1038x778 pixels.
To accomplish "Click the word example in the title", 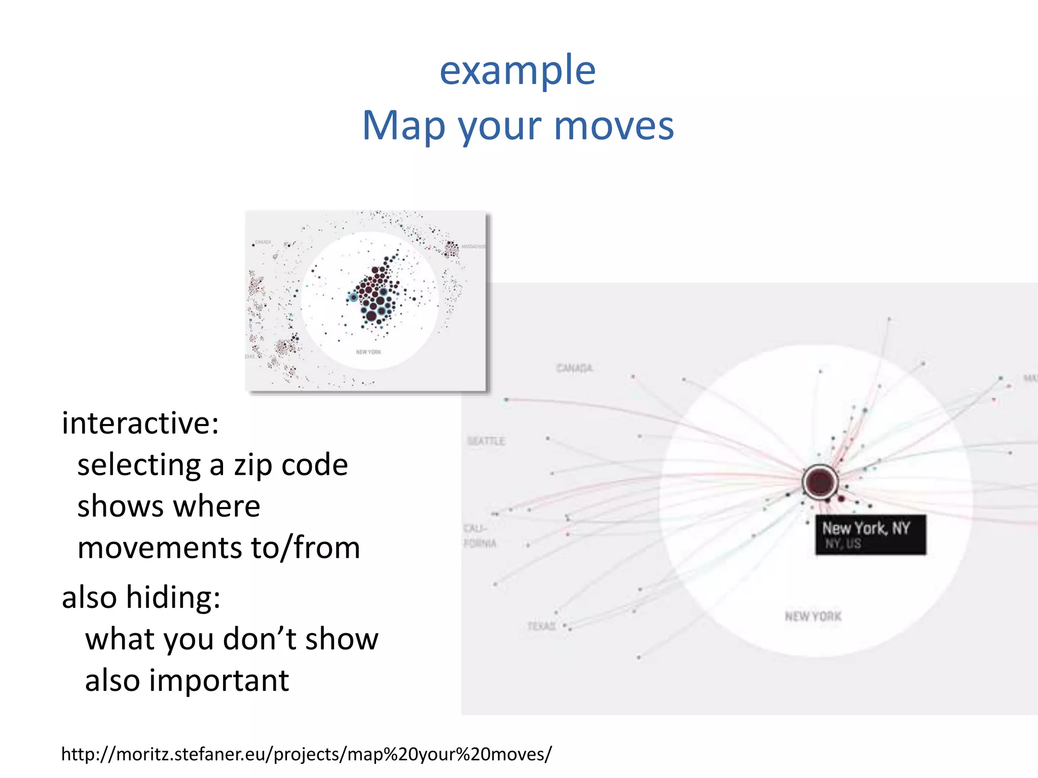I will pyautogui.click(x=517, y=71).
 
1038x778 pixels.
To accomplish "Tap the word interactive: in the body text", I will pyautogui.click(x=140, y=423).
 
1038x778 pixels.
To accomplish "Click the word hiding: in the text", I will pyautogui.click(x=173, y=597).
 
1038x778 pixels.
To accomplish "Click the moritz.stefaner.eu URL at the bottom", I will pyautogui.click(x=306, y=754).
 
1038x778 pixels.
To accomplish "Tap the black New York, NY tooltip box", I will pyautogui.click(x=870, y=535).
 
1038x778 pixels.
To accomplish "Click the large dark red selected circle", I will pyautogui.click(x=820, y=481).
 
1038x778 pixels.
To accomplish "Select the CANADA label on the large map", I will pyautogui.click(x=574, y=368).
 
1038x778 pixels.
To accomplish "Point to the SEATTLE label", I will pyautogui.click(x=486, y=441).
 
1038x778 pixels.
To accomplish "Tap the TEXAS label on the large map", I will pyautogui.click(x=541, y=626).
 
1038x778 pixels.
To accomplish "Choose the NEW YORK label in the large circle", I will pyautogui.click(x=813, y=616).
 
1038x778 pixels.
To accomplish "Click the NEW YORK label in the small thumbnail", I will pyautogui.click(x=368, y=352).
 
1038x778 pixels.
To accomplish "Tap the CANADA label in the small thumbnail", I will pyautogui.click(x=263, y=242).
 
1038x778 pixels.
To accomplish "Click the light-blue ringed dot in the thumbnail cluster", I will pyautogui.click(x=353, y=297).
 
